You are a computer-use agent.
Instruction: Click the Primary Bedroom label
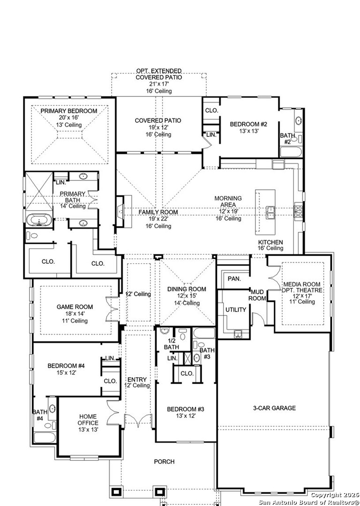click(x=69, y=111)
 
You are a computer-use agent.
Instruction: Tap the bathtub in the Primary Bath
click(x=39, y=220)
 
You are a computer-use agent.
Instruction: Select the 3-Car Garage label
click(x=274, y=408)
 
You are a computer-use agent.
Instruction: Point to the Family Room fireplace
click(x=124, y=211)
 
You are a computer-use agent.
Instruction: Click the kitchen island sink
click(x=270, y=212)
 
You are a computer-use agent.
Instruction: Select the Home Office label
click(x=88, y=419)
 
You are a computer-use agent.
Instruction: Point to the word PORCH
click(x=164, y=462)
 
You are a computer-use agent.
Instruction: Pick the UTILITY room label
click(x=236, y=310)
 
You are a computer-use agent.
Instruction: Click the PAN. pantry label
click(x=234, y=278)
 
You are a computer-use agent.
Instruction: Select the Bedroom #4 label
click(x=66, y=366)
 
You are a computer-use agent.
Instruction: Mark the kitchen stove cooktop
click(x=298, y=211)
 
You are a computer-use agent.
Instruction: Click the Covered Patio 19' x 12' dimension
click(x=158, y=127)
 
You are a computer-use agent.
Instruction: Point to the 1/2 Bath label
click(x=171, y=344)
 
